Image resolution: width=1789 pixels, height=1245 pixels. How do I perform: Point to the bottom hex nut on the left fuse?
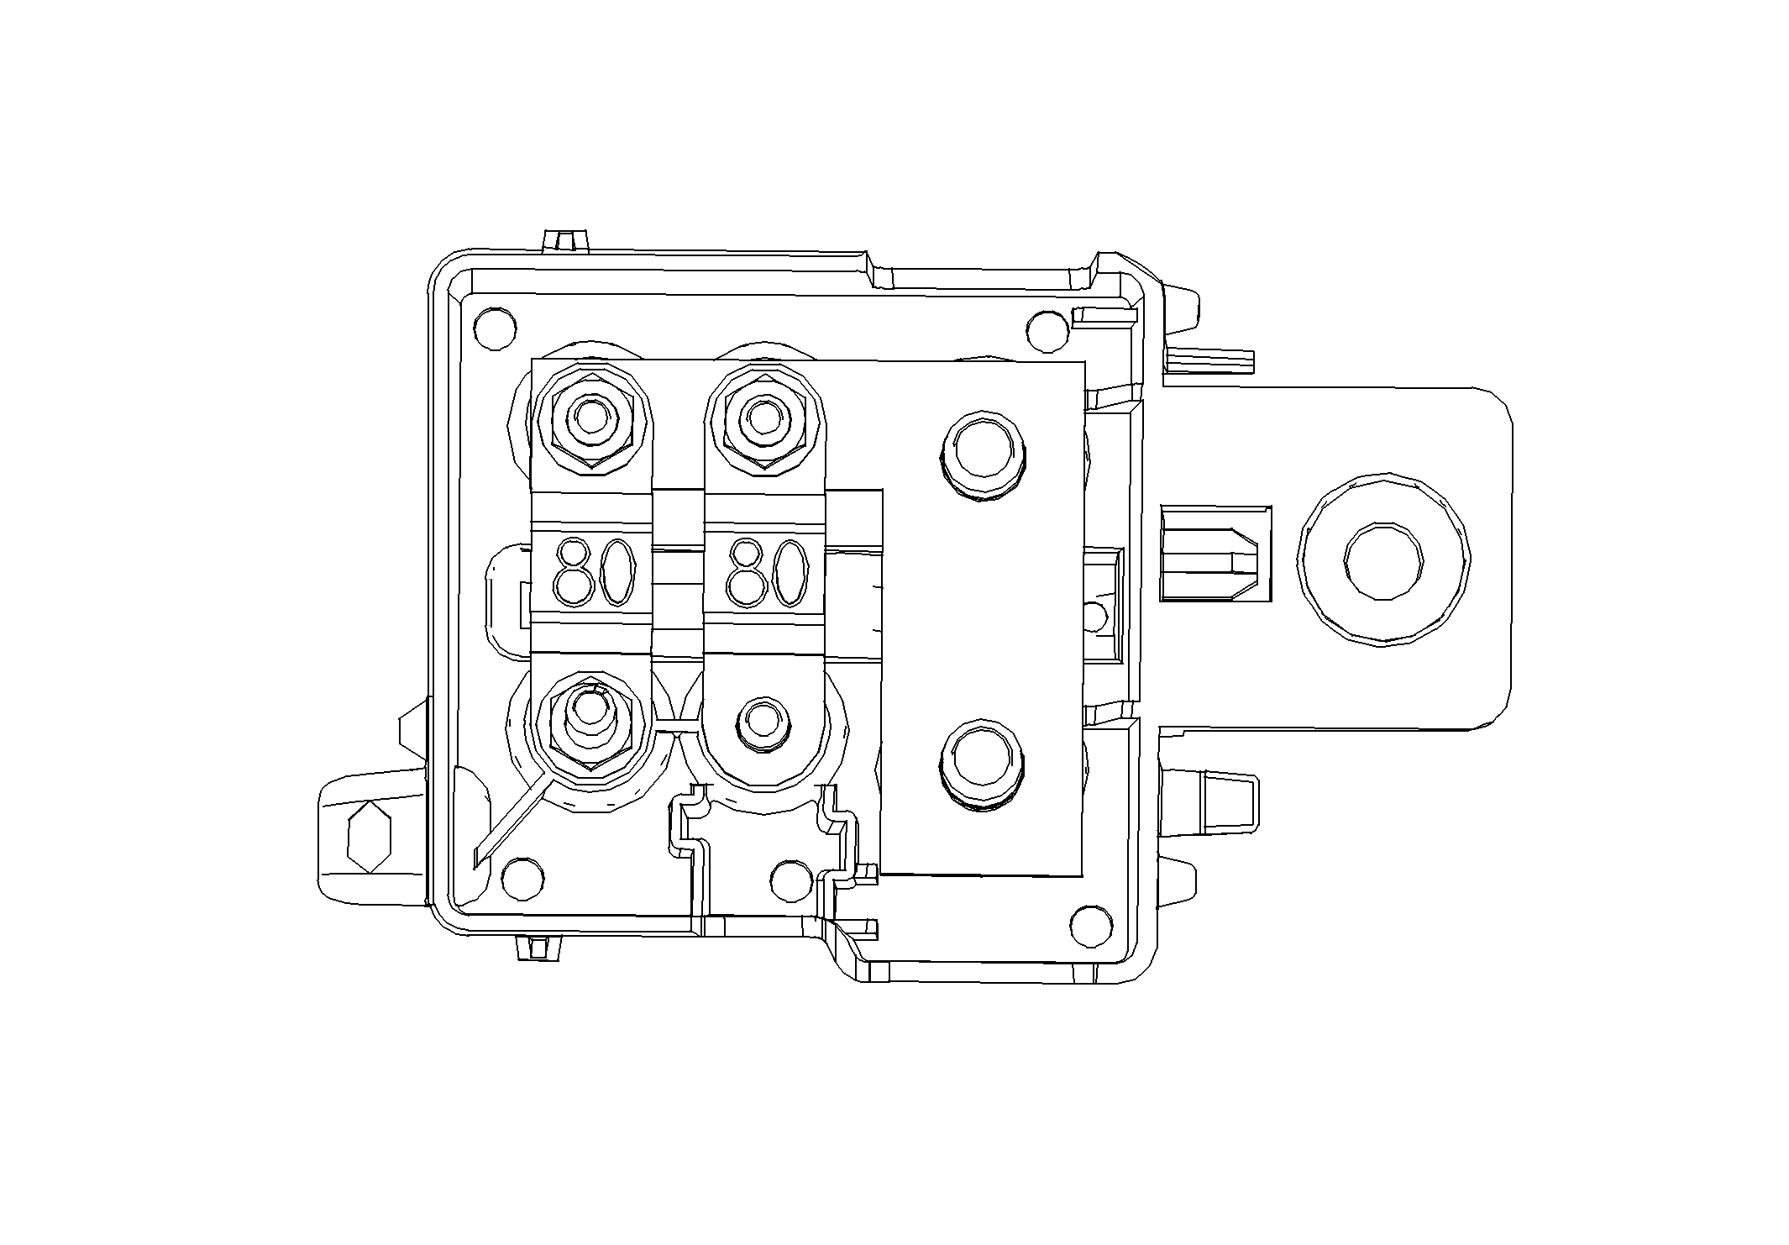[x=591, y=723]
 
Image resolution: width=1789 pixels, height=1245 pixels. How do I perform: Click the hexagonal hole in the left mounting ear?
[x=370, y=837]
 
